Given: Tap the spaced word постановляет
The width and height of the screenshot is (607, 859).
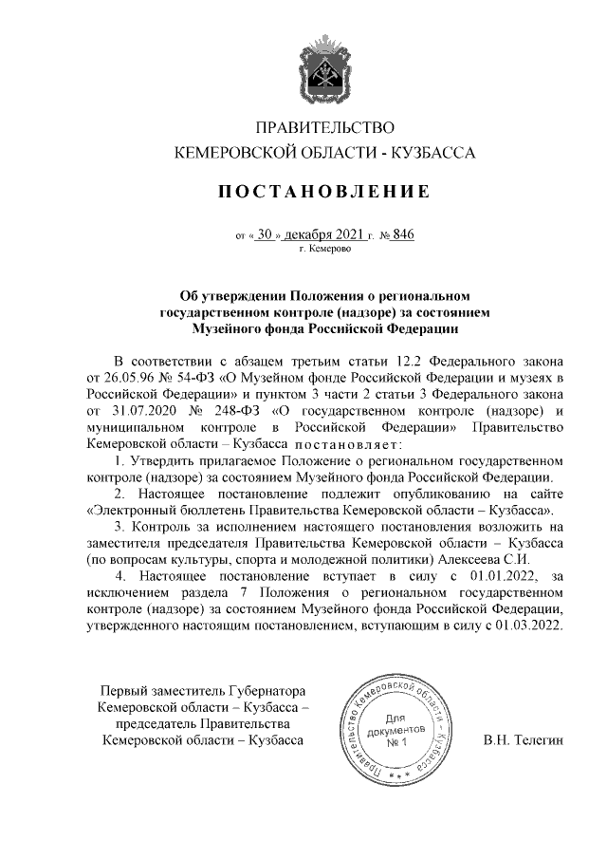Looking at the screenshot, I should [x=349, y=445].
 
